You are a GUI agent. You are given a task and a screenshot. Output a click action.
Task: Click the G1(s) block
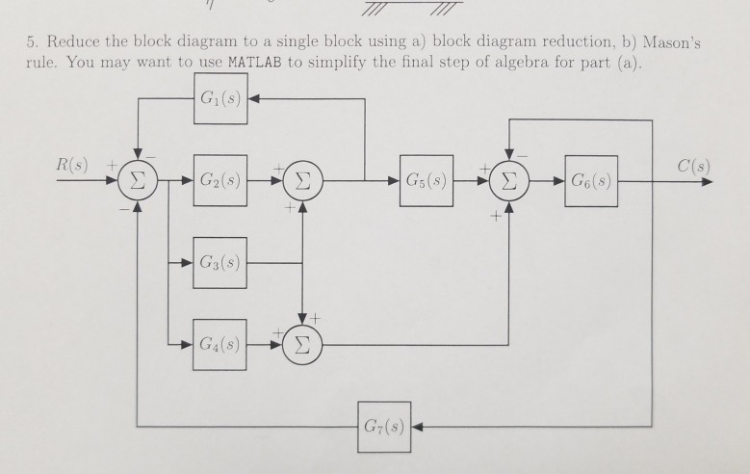point(220,98)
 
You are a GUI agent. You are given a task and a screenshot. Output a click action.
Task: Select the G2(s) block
point(220,179)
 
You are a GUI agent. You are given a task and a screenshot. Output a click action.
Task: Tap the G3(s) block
point(220,261)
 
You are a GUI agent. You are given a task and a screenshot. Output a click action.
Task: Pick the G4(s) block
point(220,343)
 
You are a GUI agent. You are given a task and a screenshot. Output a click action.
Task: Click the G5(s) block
point(426,179)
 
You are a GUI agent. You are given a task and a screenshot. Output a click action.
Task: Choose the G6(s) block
point(591,179)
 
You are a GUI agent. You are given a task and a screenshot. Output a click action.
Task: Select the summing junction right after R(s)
point(138,180)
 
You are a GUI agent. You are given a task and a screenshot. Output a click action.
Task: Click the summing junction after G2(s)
point(303,180)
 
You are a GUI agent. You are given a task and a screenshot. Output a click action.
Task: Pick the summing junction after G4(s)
point(303,343)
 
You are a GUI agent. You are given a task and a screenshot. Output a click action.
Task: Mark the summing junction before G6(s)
point(509,180)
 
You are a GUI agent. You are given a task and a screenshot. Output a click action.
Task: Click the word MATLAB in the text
point(257,64)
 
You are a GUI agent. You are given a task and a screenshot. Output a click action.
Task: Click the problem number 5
point(30,44)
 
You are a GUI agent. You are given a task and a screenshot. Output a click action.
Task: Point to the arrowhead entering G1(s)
point(254,98)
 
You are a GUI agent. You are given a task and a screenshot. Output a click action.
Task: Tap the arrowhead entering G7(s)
point(418,425)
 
